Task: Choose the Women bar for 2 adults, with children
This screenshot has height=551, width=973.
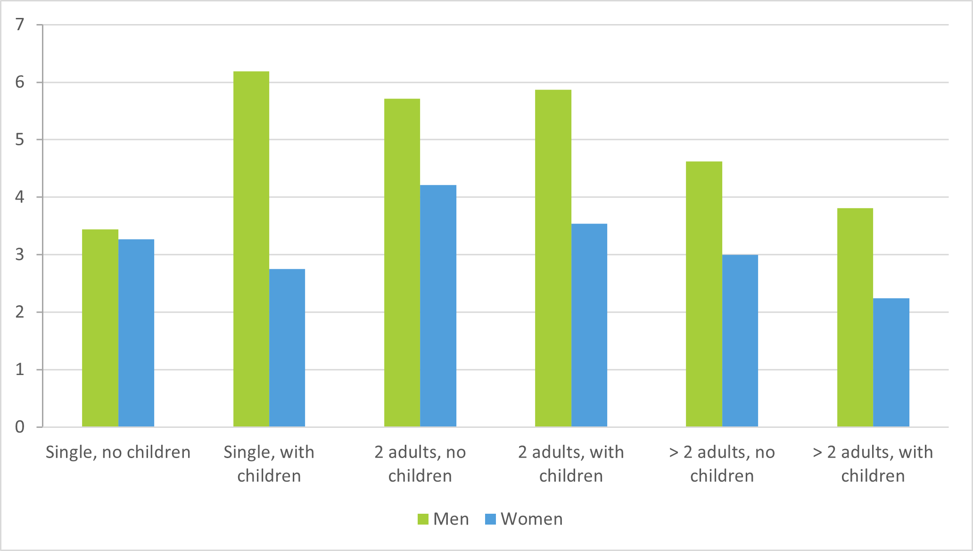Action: pos(589,325)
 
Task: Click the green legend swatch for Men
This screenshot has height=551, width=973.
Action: pos(423,519)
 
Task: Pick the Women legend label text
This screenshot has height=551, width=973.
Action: pos(532,519)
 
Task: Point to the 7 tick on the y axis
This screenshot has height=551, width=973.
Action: pos(20,25)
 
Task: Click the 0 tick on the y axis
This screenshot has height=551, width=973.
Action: pos(20,427)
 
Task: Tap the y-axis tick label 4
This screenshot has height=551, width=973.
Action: pos(20,197)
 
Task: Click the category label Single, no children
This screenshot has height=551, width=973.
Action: pos(118,452)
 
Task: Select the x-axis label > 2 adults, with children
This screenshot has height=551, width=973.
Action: pos(873,464)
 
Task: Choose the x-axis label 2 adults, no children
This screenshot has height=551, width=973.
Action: pos(420,464)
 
